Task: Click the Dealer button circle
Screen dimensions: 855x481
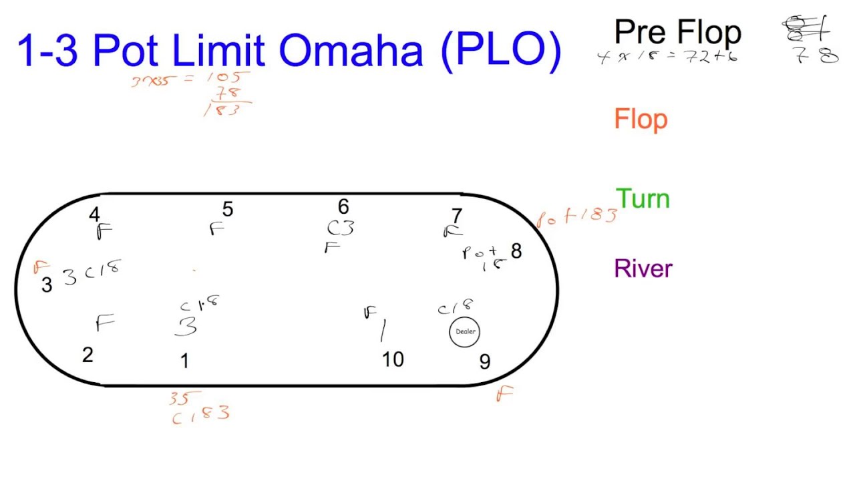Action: tap(464, 332)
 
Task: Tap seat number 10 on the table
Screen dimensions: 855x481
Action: tap(393, 360)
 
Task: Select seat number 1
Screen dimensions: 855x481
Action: tap(184, 361)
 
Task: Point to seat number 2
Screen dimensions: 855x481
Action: tap(88, 355)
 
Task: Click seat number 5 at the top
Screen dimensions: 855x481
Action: tap(228, 210)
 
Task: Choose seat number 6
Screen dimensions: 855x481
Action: tap(343, 207)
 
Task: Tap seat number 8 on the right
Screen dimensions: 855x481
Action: tap(516, 251)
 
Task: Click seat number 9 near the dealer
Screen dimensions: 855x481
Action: tap(485, 362)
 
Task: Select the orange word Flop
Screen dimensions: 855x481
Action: tap(641, 120)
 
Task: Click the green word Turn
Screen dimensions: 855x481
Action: tap(643, 199)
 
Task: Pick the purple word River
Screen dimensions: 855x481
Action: tap(643, 269)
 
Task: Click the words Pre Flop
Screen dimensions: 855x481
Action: tap(677, 32)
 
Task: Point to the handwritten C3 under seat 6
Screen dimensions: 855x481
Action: tap(340, 229)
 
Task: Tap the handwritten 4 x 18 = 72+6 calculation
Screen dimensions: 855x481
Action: tap(667, 57)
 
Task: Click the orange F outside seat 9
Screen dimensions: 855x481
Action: tap(504, 395)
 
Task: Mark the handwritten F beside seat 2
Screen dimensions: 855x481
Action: tap(104, 323)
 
